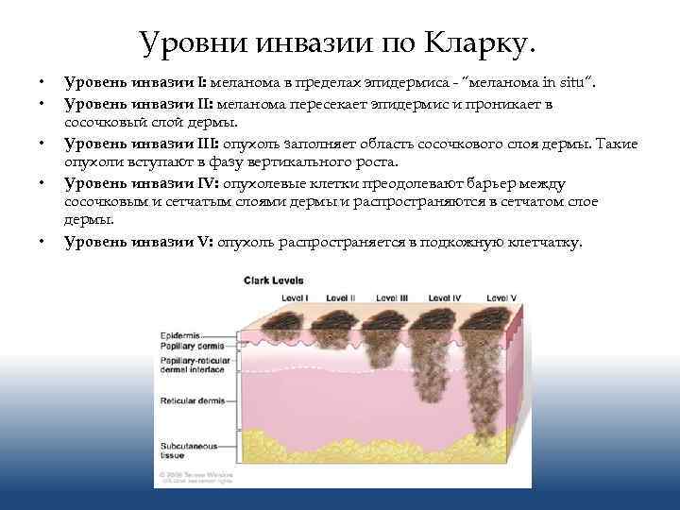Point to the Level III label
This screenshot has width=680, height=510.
[x=391, y=297]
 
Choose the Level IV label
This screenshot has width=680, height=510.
[x=444, y=297]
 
